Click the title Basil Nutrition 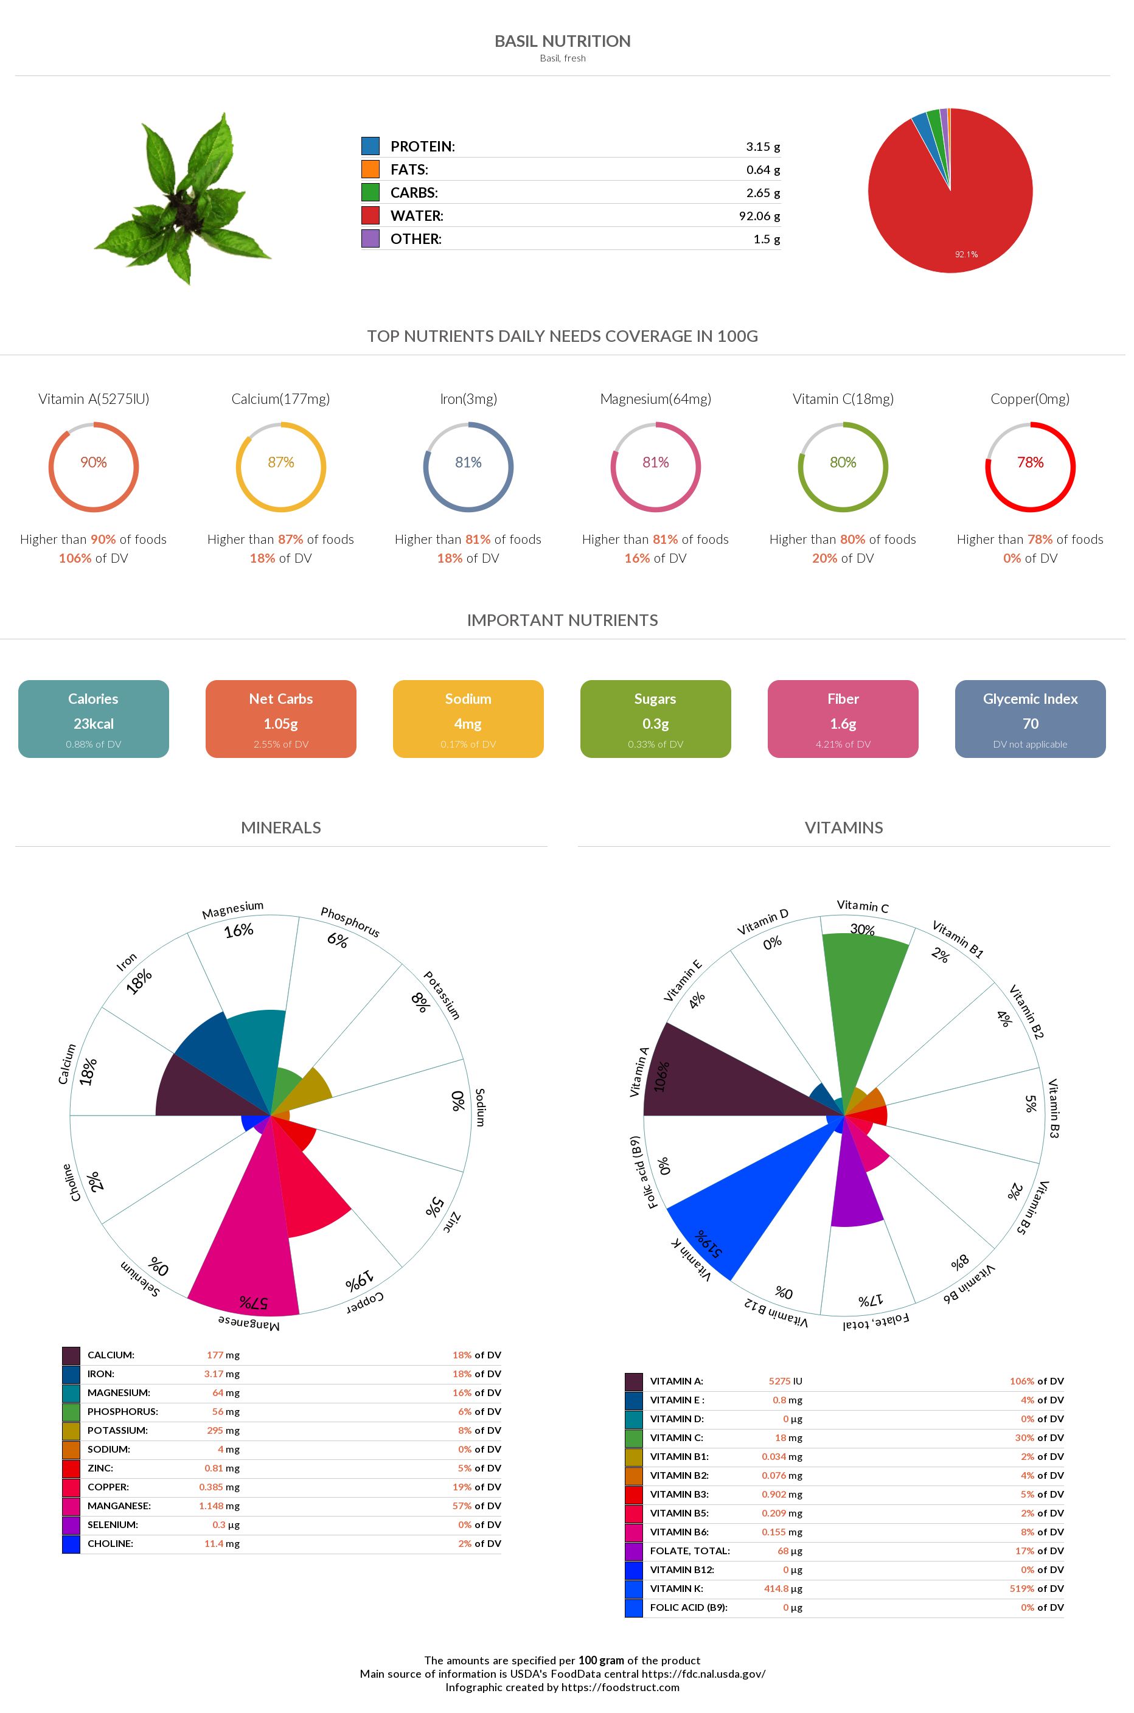[x=562, y=41]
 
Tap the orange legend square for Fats [x=370, y=169]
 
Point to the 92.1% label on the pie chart [x=965, y=254]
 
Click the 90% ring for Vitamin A [x=93, y=467]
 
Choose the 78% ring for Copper [x=1030, y=467]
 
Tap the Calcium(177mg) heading [x=280, y=399]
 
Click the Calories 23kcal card [x=93, y=719]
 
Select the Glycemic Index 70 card [x=1030, y=719]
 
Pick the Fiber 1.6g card [x=843, y=719]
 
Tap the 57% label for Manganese [x=254, y=1302]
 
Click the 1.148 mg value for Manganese [x=219, y=1506]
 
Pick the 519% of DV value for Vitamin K [x=1037, y=1589]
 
